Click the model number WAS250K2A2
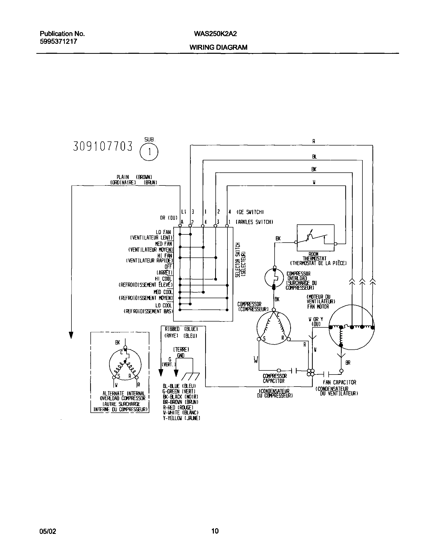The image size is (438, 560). point(215,34)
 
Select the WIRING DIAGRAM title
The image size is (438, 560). point(218,47)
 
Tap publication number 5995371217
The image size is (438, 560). point(58,42)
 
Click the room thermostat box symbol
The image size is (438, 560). point(315,238)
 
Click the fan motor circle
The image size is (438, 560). point(351,327)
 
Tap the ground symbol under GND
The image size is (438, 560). point(190,376)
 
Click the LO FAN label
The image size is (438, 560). point(163,232)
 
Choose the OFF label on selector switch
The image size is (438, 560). point(168,267)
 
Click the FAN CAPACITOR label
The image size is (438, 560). point(340,382)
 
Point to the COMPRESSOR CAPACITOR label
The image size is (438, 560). point(274,378)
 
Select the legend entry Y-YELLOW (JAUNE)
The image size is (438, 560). point(181,418)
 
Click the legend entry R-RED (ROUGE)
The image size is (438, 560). point(178,407)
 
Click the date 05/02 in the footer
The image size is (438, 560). point(48,531)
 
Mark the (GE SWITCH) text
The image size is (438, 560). point(250,212)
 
